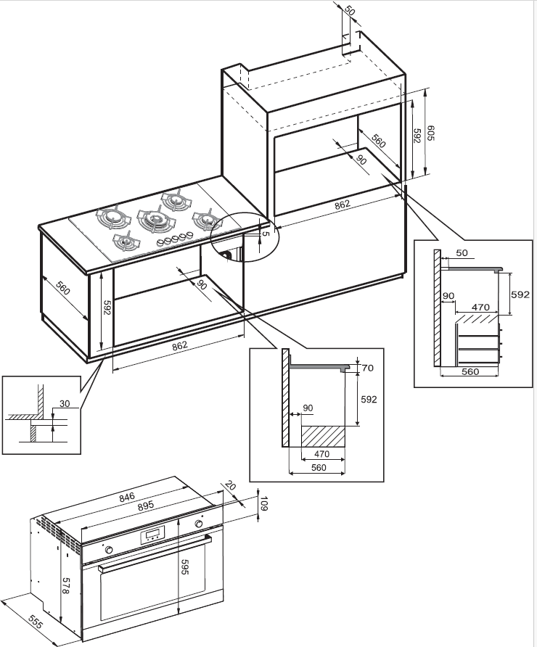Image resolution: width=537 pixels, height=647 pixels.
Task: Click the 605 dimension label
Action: click(430, 133)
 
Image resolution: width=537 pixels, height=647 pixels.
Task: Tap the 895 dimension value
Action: click(146, 506)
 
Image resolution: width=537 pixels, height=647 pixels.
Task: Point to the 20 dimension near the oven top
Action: click(230, 486)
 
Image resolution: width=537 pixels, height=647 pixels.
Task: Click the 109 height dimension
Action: click(264, 504)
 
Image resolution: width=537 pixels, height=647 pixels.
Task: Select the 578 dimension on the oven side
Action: click(65, 585)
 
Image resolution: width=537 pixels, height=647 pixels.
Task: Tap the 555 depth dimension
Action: click(36, 622)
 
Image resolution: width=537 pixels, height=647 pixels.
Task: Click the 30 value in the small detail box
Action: click(65, 403)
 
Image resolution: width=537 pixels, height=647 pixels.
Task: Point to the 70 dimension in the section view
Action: click(367, 368)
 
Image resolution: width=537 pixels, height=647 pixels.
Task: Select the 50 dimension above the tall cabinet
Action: click(349, 10)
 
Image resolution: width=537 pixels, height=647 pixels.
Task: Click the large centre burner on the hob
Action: click(155, 219)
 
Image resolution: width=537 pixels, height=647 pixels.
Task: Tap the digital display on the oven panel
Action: click(152, 536)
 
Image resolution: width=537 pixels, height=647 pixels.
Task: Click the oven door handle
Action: click(155, 553)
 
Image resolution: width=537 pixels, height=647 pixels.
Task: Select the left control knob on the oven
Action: click(110, 550)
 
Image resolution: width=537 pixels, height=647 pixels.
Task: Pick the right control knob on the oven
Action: click(199, 524)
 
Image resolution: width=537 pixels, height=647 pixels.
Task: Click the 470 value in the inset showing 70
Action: click(321, 454)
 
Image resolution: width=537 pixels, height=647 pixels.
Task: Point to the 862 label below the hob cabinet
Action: click(180, 345)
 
